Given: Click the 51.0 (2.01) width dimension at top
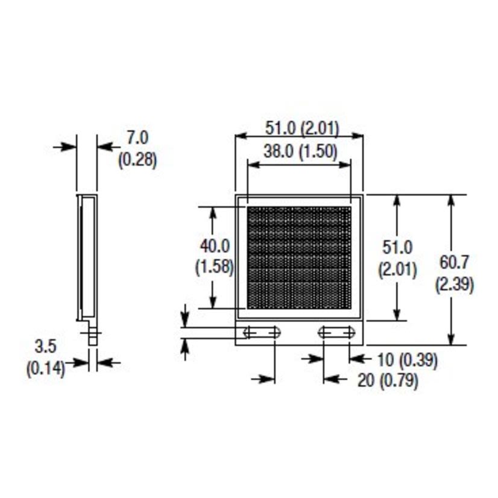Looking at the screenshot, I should point(302,128).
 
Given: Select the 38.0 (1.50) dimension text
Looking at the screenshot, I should point(300,151).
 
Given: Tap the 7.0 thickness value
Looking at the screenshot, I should point(137,137).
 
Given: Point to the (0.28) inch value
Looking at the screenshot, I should point(137,160).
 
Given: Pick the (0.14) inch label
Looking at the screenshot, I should point(45,368).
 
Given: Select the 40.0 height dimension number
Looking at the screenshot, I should point(215,245).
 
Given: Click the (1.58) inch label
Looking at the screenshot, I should point(214,266).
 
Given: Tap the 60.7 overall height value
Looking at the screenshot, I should point(454,262).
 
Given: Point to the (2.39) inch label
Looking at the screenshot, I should point(454,284).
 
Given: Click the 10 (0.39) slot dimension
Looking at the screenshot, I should point(407,360).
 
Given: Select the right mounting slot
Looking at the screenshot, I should point(336,332).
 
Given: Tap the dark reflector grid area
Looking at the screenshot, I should point(299,258).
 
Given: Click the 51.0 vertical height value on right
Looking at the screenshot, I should point(397,247).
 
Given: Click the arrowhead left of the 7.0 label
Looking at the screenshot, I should point(104,146).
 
